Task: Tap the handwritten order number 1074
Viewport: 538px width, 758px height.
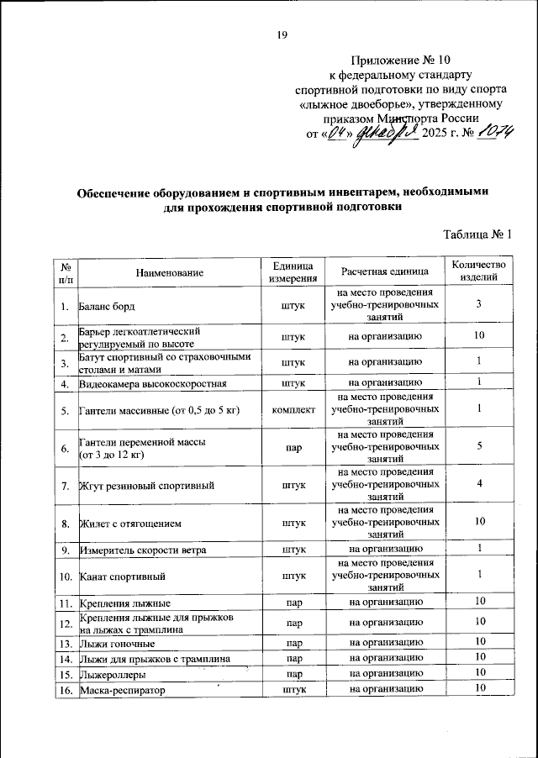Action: tap(490, 133)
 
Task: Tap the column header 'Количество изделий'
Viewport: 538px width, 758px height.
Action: tap(479, 271)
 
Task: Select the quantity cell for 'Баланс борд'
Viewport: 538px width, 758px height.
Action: tap(478, 304)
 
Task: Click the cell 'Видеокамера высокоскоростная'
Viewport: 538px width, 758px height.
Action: tap(152, 384)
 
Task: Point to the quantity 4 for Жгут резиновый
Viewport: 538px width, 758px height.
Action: tap(478, 485)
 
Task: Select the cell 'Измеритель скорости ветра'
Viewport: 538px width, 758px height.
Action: tap(144, 550)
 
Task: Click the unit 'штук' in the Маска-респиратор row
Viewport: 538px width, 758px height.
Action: tap(293, 690)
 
